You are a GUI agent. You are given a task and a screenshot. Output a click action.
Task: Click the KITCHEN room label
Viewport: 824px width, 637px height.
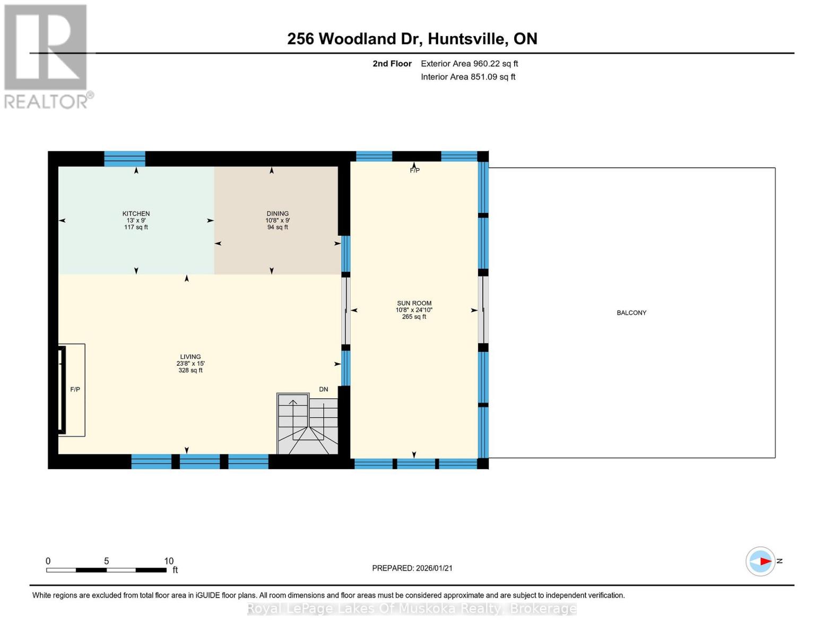coord(136,214)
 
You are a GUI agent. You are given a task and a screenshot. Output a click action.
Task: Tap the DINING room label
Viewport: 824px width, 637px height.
coord(277,214)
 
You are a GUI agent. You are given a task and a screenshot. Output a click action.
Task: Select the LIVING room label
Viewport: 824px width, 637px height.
coord(190,357)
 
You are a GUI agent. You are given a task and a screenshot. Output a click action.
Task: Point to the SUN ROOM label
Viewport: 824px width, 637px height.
coord(414,304)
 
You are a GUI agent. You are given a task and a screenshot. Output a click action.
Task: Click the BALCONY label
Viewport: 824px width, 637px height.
coord(631,313)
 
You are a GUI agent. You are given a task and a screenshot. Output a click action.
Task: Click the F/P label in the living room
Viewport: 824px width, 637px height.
coord(75,390)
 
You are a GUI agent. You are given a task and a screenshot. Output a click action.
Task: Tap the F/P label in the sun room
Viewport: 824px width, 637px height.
coord(414,171)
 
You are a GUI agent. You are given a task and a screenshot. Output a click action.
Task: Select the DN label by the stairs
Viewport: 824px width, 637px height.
coord(324,390)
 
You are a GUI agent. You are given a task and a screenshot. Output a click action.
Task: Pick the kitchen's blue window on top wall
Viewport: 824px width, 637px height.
coord(125,159)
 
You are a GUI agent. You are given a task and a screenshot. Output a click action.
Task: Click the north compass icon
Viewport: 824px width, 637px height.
coord(761,561)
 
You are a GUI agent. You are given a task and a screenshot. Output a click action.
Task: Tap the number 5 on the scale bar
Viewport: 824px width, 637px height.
coord(107,561)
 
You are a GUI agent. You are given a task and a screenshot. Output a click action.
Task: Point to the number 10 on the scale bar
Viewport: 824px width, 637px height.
coord(169,561)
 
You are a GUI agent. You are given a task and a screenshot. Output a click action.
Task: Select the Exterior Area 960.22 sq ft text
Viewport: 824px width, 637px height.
coord(469,64)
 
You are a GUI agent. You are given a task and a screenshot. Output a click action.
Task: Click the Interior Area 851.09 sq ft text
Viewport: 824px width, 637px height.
coord(468,77)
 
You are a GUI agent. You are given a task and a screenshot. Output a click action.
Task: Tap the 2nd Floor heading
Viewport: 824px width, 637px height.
coord(392,64)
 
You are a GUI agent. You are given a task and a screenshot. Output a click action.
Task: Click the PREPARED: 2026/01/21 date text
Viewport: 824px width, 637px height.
coord(412,568)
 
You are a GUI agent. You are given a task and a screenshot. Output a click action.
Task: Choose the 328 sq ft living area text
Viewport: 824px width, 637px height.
coord(190,371)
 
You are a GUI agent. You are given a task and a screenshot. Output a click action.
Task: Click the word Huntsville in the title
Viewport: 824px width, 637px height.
coord(466,39)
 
